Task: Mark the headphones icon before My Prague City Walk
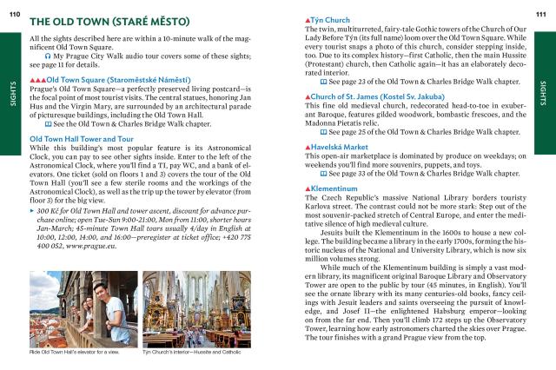pos(46,56)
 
